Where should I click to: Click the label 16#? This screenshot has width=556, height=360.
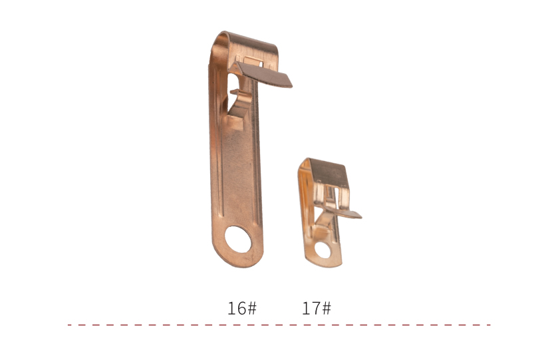click(242, 308)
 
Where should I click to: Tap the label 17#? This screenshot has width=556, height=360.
click(317, 308)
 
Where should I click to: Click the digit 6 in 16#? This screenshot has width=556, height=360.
click(240, 308)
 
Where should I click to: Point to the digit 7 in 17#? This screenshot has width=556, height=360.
click(315, 308)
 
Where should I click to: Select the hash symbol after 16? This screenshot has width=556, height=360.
click(251, 308)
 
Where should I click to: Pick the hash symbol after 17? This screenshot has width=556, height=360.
click(327, 308)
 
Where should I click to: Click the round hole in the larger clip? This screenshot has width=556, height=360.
click(238, 240)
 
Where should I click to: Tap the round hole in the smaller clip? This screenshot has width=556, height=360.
click(323, 250)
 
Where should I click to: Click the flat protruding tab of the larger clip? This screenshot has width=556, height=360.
click(264, 75)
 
